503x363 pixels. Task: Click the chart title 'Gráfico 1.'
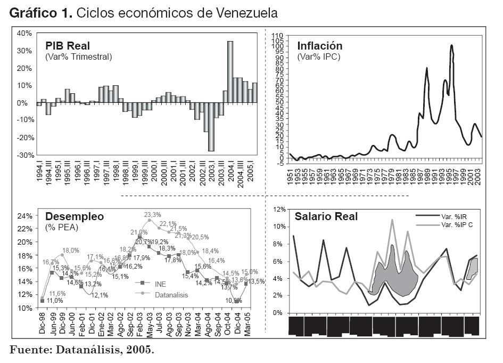point(40,12)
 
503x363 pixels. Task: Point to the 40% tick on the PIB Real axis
point(24,33)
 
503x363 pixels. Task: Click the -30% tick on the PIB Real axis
point(24,155)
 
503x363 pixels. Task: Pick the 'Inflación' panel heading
point(319,46)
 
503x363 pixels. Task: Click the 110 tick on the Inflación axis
point(277,35)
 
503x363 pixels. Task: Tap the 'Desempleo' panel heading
point(75,216)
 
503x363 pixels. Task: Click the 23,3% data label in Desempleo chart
point(153,214)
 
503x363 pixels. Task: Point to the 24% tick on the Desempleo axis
point(24,216)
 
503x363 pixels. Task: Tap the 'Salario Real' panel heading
point(326,216)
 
